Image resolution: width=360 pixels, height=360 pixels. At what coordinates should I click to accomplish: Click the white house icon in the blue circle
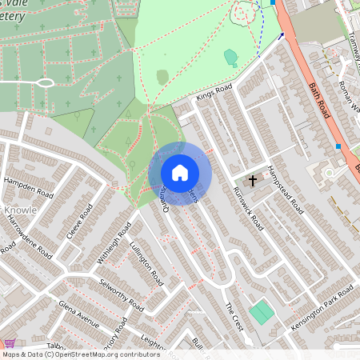point(180,173)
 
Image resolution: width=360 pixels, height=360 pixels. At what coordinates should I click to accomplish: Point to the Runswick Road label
point(247,207)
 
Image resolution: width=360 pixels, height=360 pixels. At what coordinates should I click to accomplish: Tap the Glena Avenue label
point(78,314)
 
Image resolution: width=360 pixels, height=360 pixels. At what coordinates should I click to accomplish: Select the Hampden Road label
point(28,188)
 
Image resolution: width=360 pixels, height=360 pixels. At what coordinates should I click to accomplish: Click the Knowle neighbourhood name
point(20,211)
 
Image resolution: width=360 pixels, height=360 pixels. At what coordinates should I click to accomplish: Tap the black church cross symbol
point(253,181)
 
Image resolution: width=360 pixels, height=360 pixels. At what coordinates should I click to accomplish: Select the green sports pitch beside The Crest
point(261,312)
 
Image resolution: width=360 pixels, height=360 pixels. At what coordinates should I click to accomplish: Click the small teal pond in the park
point(231,57)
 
